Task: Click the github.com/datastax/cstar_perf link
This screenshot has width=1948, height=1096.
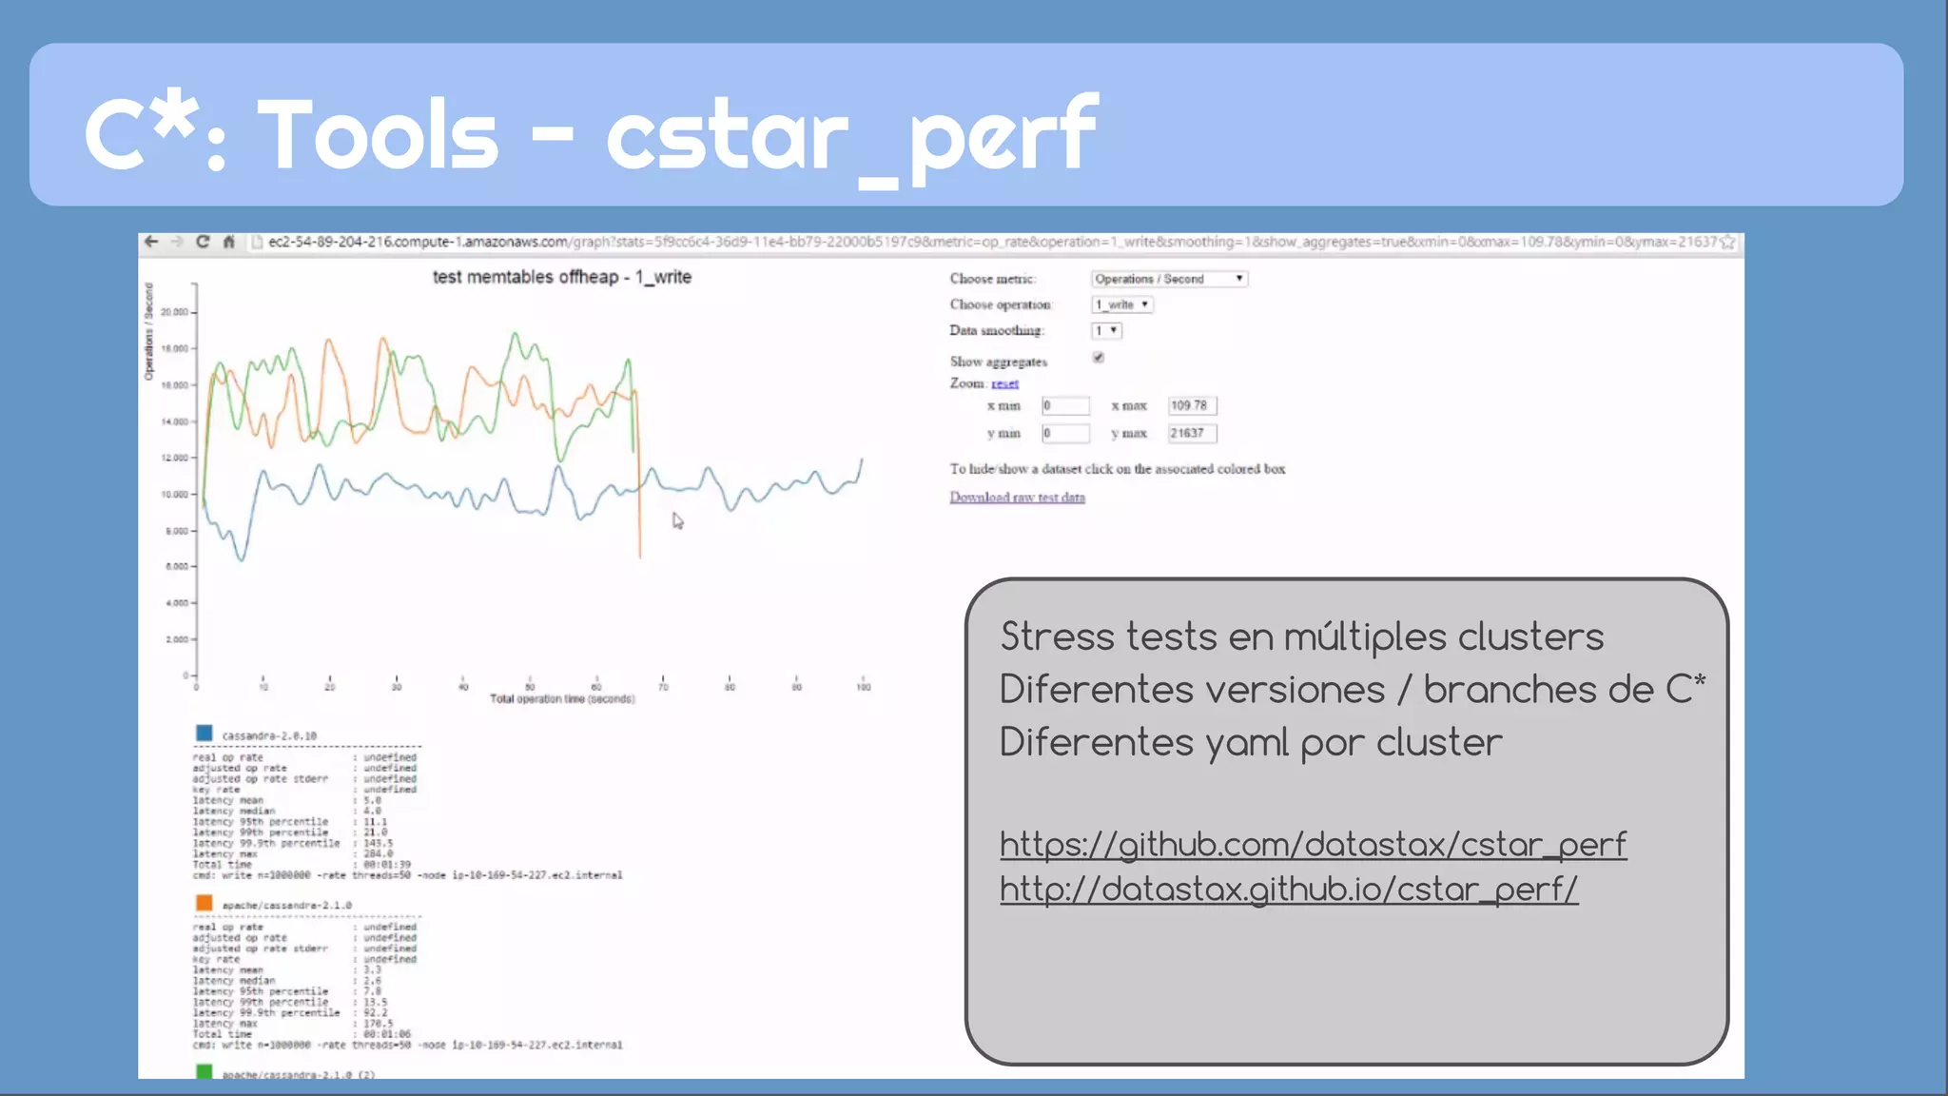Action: (1313, 844)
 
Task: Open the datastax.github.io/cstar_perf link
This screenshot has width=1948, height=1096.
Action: (1289, 889)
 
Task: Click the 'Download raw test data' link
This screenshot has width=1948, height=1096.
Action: (1017, 497)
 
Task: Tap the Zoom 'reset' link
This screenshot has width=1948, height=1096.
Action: (1004, 383)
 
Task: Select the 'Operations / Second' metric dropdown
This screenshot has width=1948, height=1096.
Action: (1169, 279)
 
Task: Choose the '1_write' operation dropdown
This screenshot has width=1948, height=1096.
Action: (1122, 304)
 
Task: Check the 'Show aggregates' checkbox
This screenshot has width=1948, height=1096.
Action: (1099, 358)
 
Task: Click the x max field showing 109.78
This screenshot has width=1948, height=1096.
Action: (1192, 405)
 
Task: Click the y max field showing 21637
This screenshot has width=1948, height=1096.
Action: (1192, 433)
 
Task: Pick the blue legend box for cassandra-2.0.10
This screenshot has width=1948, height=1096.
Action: (204, 733)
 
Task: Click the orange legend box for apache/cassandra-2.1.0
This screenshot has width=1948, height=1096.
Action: (204, 903)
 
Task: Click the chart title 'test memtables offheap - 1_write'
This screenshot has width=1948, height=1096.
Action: (561, 277)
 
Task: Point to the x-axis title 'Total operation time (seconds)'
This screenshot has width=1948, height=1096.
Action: (562, 699)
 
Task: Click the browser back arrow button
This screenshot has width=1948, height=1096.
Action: (151, 242)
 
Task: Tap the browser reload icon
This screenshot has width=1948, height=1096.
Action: (203, 242)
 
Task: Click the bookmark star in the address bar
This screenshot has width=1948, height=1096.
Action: (1728, 243)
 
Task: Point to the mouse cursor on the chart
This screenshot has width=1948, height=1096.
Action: (677, 520)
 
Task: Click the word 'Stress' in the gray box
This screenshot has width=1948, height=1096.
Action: (1057, 636)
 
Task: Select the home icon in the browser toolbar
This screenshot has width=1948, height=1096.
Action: (228, 242)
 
